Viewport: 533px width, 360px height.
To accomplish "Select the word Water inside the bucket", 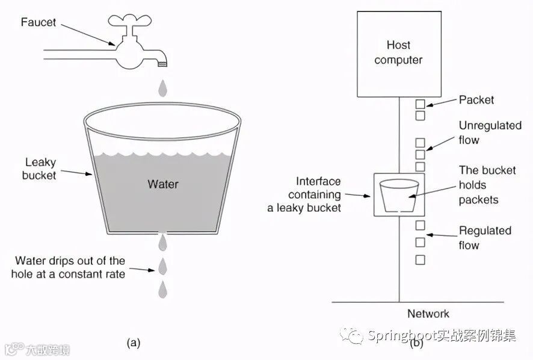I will [x=163, y=184].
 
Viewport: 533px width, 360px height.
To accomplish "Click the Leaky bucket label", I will [x=40, y=169].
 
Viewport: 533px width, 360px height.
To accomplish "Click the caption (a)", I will [x=133, y=343].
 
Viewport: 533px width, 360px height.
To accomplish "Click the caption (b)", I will [x=416, y=343].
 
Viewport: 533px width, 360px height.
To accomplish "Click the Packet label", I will [x=476, y=99].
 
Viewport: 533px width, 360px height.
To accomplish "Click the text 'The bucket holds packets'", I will [x=487, y=185].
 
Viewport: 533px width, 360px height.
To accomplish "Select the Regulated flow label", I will [x=485, y=238].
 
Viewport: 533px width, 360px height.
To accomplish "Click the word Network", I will [x=428, y=314].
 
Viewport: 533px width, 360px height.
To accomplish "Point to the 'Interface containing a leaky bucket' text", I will [x=304, y=194].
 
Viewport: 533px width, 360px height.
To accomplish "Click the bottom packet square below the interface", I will [x=420, y=260].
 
